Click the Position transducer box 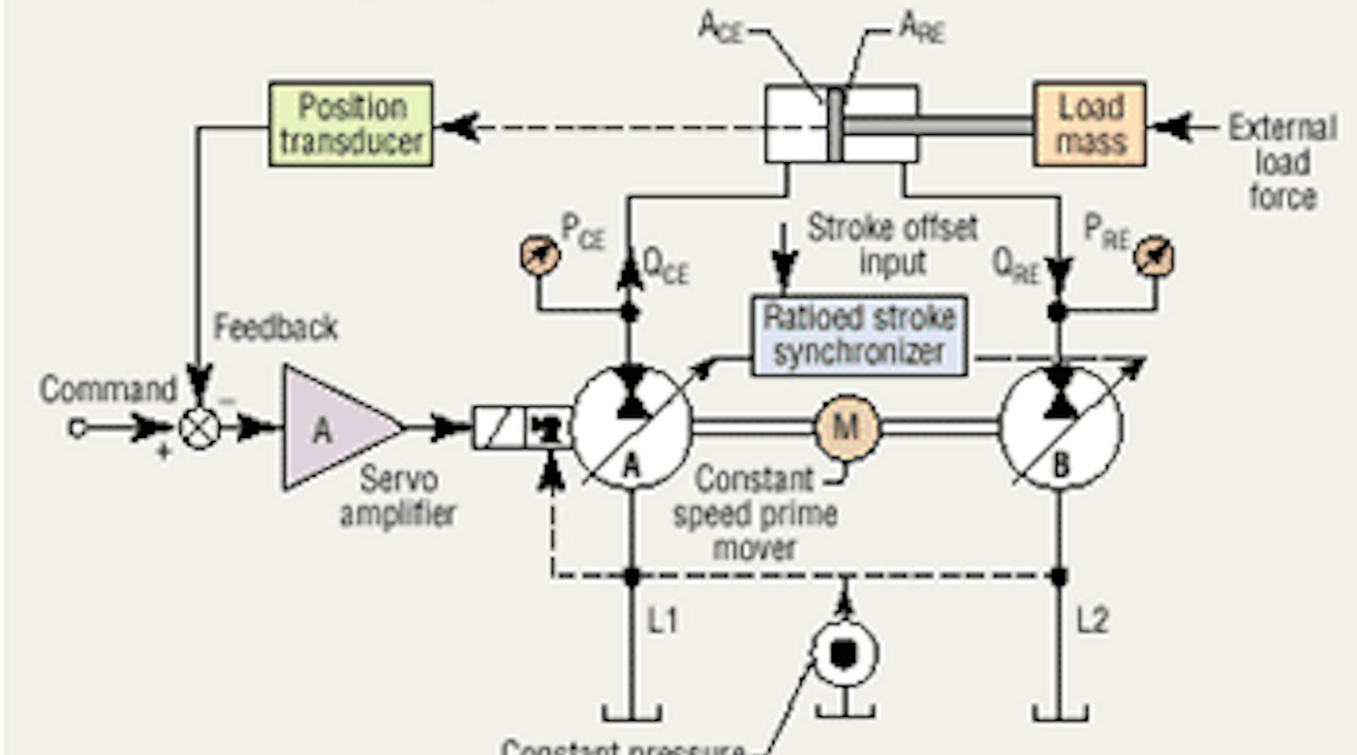(x=351, y=124)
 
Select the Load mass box (x=1090, y=124)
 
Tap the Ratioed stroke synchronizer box (x=860, y=335)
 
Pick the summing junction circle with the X (x=199, y=428)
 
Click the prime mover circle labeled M (x=846, y=427)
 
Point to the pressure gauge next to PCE (x=540, y=255)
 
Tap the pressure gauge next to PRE (x=1154, y=257)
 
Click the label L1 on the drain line (x=662, y=621)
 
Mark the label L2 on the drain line (x=1092, y=621)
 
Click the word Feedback (x=275, y=327)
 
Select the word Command (x=109, y=390)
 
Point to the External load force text (x=1282, y=162)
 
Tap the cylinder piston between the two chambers (x=835, y=125)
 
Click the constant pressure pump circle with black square (x=844, y=654)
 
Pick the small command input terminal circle (x=77, y=428)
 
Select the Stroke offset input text (x=892, y=244)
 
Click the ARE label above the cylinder (x=921, y=29)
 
